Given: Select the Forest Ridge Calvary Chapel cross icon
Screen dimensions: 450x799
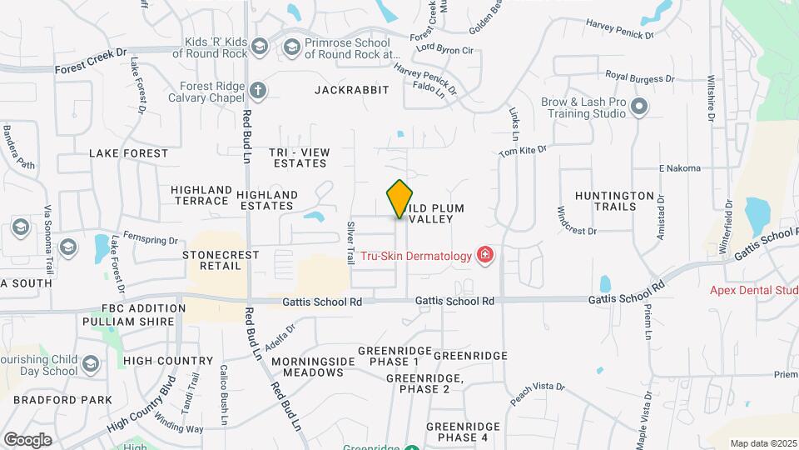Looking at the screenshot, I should (x=259, y=89).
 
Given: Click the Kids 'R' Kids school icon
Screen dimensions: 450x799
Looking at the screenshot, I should (x=260, y=47).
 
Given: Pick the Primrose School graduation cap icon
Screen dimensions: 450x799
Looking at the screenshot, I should (x=291, y=47).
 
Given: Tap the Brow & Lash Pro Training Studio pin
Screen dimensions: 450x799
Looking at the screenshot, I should (x=639, y=107).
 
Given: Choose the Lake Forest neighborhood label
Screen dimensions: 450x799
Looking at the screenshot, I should (x=128, y=153).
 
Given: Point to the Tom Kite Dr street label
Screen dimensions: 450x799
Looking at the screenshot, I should (x=522, y=152).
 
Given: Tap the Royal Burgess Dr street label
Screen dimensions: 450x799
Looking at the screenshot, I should (x=639, y=75).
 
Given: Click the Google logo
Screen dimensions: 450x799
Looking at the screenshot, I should (x=27, y=439).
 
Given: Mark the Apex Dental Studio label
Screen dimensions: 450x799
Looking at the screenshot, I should (x=753, y=291).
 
